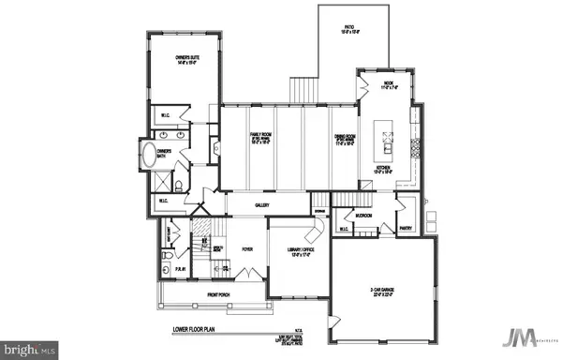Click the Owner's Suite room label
click(187, 62)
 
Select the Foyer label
click(247, 249)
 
